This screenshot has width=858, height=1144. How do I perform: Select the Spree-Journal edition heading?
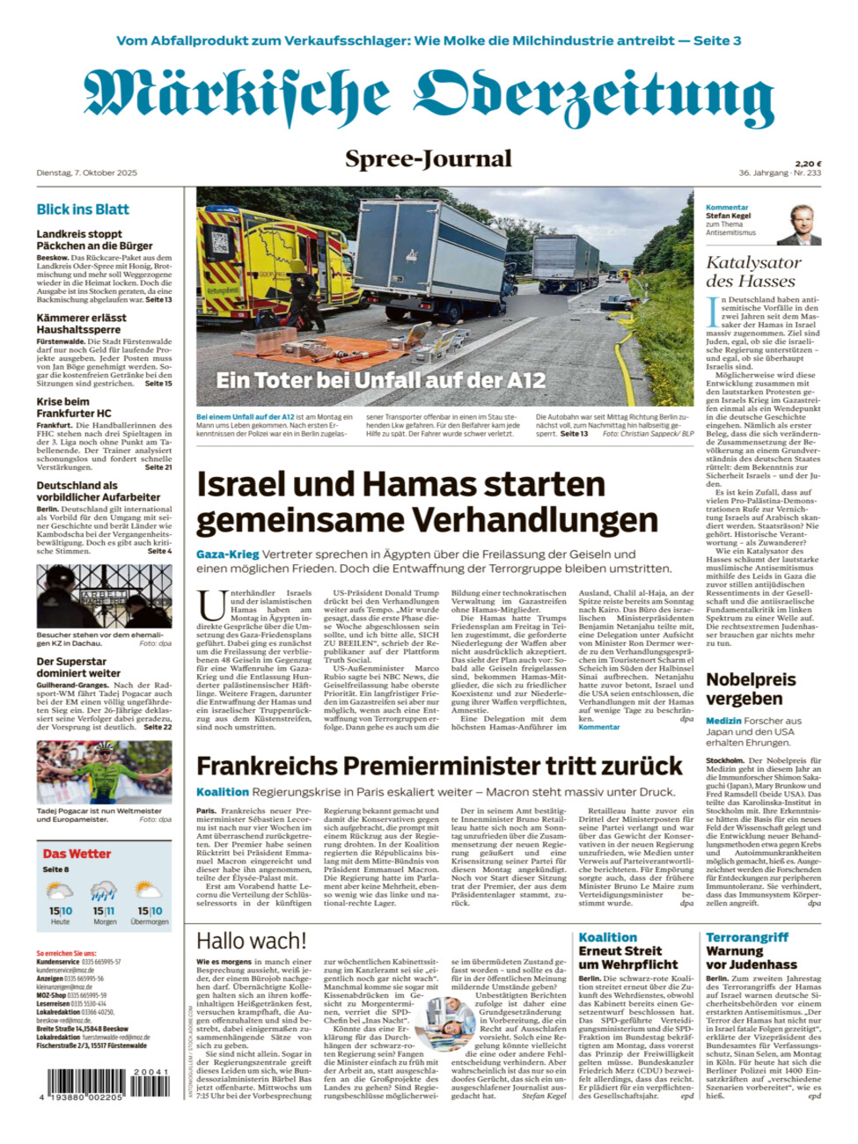[429, 159]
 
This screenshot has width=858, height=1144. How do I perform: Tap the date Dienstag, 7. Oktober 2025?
[86, 172]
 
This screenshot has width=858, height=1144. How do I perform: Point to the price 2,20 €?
[808, 164]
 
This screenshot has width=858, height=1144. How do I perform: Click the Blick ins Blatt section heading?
[83, 209]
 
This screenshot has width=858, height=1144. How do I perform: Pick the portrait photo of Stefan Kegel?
[803, 224]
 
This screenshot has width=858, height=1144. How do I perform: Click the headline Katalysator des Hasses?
[753, 272]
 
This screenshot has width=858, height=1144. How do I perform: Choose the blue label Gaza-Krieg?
[227, 554]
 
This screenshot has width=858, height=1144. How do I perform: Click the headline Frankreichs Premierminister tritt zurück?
[439, 766]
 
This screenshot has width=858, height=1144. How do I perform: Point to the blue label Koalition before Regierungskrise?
[223, 792]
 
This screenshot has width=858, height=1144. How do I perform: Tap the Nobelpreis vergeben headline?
[751, 689]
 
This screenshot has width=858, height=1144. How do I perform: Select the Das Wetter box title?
[77, 854]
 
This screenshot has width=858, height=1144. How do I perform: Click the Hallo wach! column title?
[251, 941]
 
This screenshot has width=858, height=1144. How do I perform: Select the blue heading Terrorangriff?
[747, 938]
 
